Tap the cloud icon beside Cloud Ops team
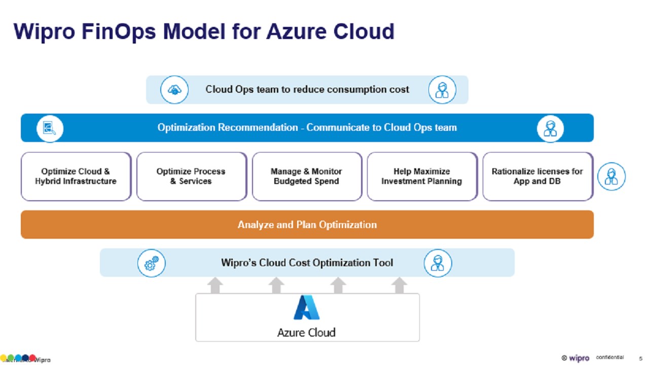point(174,90)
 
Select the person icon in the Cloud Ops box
point(442,90)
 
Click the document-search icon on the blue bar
point(50,128)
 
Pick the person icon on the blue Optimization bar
point(551,128)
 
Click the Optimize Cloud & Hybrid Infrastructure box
point(76,176)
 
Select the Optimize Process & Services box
point(191,176)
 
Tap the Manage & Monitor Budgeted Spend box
point(307,176)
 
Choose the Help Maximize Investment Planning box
point(422,176)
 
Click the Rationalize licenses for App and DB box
point(537,176)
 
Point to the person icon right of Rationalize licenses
point(611,177)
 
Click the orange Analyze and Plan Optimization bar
point(307,225)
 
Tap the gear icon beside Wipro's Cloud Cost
point(151,263)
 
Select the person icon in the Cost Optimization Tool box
point(438,263)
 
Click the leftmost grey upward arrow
point(215,285)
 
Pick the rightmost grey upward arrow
point(400,285)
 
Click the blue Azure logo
point(307,307)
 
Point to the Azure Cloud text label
point(306,333)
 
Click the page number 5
point(640,358)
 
